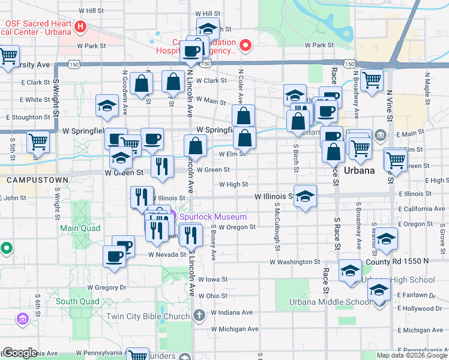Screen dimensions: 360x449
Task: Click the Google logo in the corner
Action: pyautogui.click(x=20, y=353)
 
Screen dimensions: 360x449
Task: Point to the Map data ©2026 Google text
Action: pyautogui.click(x=412, y=355)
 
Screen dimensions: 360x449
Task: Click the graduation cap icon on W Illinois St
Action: pyautogui.click(x=305, y=197)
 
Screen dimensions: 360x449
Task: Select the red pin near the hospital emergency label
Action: pyautogui.click(x=245, y=46)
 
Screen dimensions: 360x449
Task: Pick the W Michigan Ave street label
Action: pyautogui.click(x=235, y=329)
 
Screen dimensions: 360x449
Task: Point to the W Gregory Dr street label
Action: pyautogui.click(x=110, y=288)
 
